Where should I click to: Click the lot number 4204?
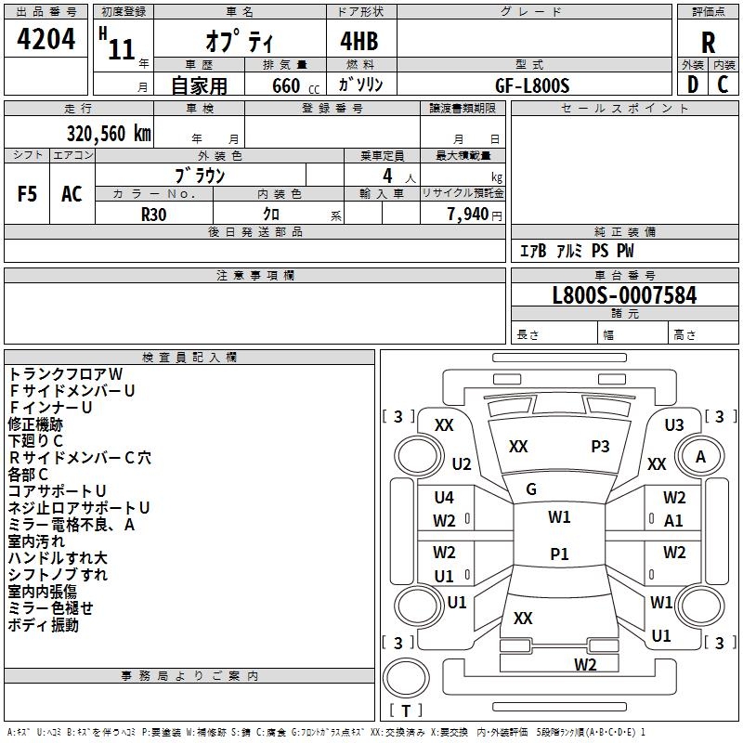46,40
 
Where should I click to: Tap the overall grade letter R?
708,42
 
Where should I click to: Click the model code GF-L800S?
532,85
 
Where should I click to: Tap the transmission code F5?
28,194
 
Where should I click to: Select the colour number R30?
153,213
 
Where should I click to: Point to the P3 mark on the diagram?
600,447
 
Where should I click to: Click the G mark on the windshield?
531,489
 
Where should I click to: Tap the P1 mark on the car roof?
559,554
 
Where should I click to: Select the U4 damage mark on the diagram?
444,498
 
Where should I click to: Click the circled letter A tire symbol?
700,457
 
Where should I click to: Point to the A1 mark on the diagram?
674,521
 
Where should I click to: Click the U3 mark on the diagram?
674,424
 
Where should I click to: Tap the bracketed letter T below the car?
405,710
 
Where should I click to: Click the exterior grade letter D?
692,85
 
